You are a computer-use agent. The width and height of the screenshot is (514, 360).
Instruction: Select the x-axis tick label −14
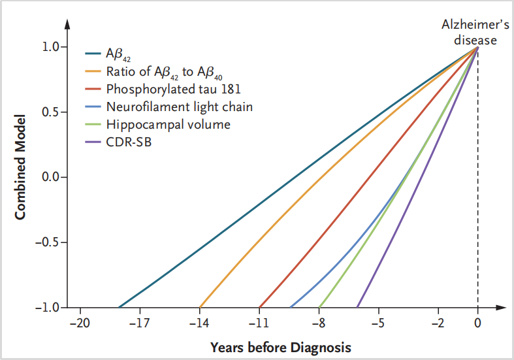point(199,322)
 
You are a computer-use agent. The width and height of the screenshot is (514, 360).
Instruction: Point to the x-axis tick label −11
point(259,322)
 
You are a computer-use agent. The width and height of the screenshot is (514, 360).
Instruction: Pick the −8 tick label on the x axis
point(319,322)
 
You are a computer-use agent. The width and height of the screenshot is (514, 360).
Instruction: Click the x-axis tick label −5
point(378,322)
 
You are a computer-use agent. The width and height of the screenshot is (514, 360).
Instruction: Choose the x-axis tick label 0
point(477,322)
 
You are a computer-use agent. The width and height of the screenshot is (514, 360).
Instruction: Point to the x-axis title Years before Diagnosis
point(281,346)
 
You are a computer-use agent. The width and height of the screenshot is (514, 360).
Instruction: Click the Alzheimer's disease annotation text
point(469,32)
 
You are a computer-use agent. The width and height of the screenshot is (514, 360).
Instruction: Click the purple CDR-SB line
point(418,176)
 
